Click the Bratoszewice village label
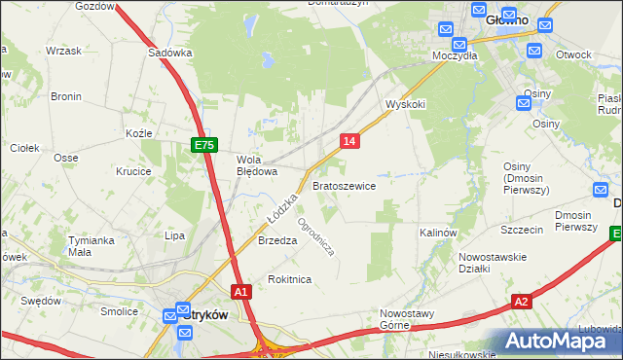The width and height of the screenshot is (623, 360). (344, 185)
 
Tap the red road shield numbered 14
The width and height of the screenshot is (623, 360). (350, 142)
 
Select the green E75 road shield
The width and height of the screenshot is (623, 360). (202, 145)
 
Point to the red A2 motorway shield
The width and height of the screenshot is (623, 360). (522, 302)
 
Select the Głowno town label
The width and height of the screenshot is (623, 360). (498, 18)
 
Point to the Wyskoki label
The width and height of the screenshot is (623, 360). (406, 103)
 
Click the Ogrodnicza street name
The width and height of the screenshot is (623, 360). (316, 236)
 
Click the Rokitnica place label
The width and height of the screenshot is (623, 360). (289, 279)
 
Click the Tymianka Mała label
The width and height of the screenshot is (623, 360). (92, 245)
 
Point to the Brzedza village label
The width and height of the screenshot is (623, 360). (276, 241)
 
